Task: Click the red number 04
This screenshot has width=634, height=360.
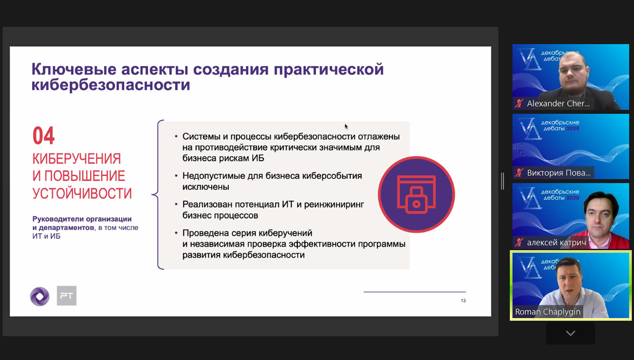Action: coord(44,135)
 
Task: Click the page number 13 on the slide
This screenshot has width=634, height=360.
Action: coord(463,300)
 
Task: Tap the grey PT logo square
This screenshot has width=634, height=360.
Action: coord(67,295)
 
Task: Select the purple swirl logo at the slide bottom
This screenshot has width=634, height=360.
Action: coord(40,296)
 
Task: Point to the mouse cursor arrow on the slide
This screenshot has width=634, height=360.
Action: coord(346,126)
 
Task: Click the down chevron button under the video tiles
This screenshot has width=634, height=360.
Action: coord(570,333)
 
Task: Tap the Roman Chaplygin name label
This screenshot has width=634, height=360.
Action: coord(547,311)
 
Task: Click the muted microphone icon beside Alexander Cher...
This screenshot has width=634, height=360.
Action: coord(519,103)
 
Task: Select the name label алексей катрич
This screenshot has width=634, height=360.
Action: coord(556,242)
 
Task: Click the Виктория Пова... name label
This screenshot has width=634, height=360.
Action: coord(559,173)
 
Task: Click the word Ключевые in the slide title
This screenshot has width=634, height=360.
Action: coord(74,69)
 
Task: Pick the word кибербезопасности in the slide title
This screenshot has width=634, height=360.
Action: coord(111,85)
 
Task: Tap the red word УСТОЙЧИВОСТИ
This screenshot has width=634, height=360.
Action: coord(82,193)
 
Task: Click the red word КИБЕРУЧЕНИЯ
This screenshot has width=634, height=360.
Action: coord(77,158)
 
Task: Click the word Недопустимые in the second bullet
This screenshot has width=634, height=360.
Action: coord(214,176)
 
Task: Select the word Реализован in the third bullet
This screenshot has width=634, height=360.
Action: coord(208,204)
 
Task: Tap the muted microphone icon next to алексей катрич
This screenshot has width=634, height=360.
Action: coord(519,242)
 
